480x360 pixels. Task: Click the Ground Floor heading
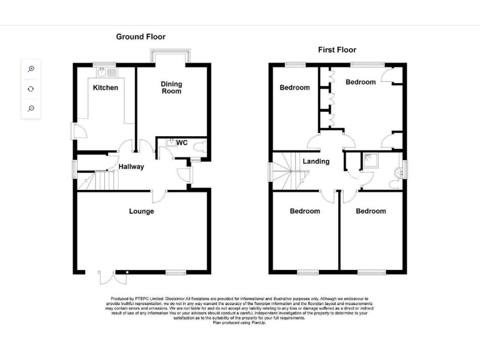tap(141, 37)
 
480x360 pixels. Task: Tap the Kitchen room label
tap(106, 87)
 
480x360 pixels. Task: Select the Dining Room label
tap(171, 87)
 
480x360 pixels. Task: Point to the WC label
tap(182, 143)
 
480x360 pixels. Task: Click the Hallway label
tap(131, 167)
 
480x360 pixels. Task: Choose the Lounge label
tap(141, 211)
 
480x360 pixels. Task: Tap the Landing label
tap(316, 161)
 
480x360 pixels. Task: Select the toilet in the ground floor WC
tap(199, 147)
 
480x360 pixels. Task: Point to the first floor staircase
tap(286, 172)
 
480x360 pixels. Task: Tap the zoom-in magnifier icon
tap(31, 69)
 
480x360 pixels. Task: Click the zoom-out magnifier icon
tap(31, 109)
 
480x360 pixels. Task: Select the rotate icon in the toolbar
tap(31, 89)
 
